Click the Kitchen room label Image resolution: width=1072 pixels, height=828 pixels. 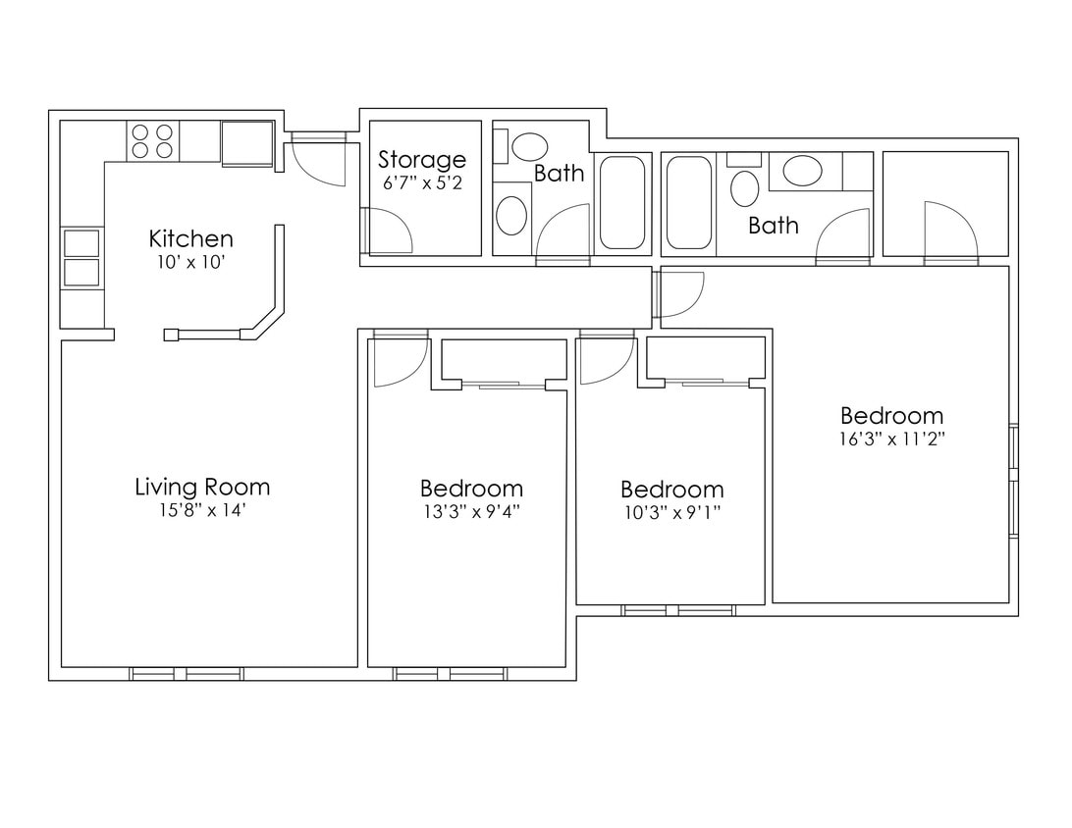[190, 238]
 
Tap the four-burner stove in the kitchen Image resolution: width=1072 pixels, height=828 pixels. [152, 140]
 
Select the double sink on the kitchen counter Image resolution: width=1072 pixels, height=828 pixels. [81, 257]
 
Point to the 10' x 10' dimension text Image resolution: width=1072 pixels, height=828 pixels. [190, 262]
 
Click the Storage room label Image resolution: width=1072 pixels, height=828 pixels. [422, 159]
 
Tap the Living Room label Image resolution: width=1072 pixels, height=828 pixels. [201, 487]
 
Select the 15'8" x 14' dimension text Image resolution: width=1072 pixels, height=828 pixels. [201, 510]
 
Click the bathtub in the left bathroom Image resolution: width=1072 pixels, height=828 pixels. [622, 202]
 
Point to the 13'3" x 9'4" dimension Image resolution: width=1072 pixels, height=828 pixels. [471, 511]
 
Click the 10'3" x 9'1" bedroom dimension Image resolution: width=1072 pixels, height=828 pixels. [671, 512]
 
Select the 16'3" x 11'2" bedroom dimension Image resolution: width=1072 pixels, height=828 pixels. [891, 439]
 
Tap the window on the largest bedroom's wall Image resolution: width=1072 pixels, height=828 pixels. [1014, 481]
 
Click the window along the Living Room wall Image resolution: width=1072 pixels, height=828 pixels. [187, 674]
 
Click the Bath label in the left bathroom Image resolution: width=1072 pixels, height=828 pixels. [559, 174]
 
